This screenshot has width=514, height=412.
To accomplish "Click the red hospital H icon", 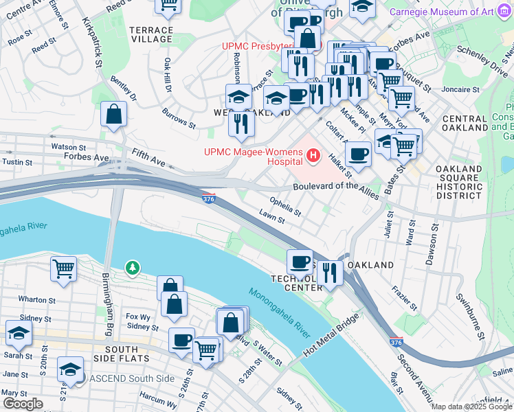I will click(313, 156).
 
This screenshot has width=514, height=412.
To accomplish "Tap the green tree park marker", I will click(131, 266).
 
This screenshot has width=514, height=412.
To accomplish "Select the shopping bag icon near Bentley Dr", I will click(113, 114).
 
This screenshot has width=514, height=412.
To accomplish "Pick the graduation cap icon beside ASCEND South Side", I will click(70, 369).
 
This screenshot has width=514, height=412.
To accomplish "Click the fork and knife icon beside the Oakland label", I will click(330, 273).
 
